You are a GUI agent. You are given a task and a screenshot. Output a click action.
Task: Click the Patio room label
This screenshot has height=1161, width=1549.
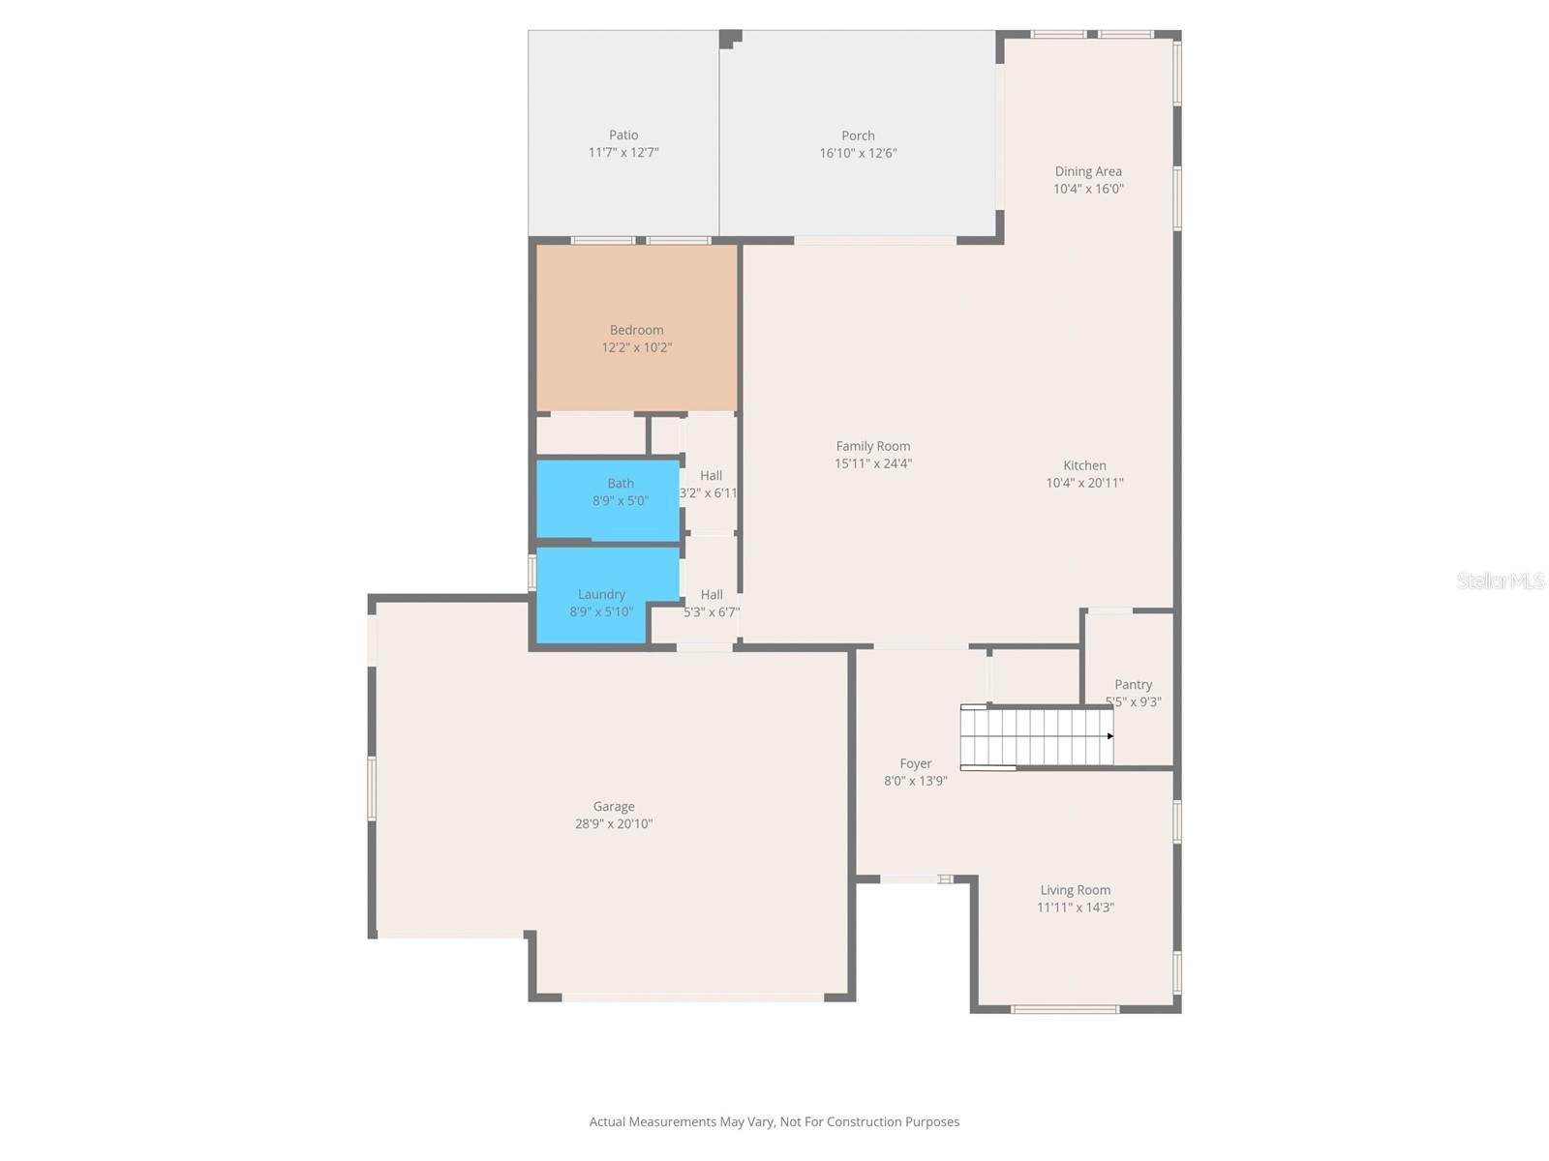click(623, 135)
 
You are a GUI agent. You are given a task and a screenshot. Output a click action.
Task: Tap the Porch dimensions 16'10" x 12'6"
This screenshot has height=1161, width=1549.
click(858, 153)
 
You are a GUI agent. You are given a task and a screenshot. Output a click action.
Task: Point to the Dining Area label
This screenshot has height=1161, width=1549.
click(1088, 171)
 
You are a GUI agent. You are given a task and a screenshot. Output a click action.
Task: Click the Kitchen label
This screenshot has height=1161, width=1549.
click(1084, 465)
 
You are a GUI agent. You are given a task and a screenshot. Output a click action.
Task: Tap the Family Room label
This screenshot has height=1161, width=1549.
click(873, 446)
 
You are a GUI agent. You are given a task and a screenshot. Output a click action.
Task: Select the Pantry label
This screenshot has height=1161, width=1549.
click(1133, 684)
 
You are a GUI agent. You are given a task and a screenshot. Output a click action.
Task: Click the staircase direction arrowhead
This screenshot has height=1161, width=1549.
click(1110, 736)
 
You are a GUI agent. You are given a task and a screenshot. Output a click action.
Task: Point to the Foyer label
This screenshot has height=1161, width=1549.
click(915, 763)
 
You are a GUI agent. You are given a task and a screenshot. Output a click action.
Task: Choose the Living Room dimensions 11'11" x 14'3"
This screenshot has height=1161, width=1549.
click(1075, 908)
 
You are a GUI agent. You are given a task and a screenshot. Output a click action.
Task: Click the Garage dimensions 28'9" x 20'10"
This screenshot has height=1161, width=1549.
click(614, 824)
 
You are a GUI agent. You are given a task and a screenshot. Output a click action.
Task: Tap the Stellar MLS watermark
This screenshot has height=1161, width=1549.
click(1501, 580)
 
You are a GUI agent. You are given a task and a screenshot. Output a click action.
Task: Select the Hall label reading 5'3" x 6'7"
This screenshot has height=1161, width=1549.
click(712, 604)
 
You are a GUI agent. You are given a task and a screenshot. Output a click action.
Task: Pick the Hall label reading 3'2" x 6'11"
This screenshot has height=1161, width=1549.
click(711, 485)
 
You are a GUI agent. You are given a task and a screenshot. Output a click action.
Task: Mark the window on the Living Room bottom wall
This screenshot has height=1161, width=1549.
click(1065, 1009)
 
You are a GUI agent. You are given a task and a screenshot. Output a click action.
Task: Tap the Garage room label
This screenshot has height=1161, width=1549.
click(614, 806)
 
